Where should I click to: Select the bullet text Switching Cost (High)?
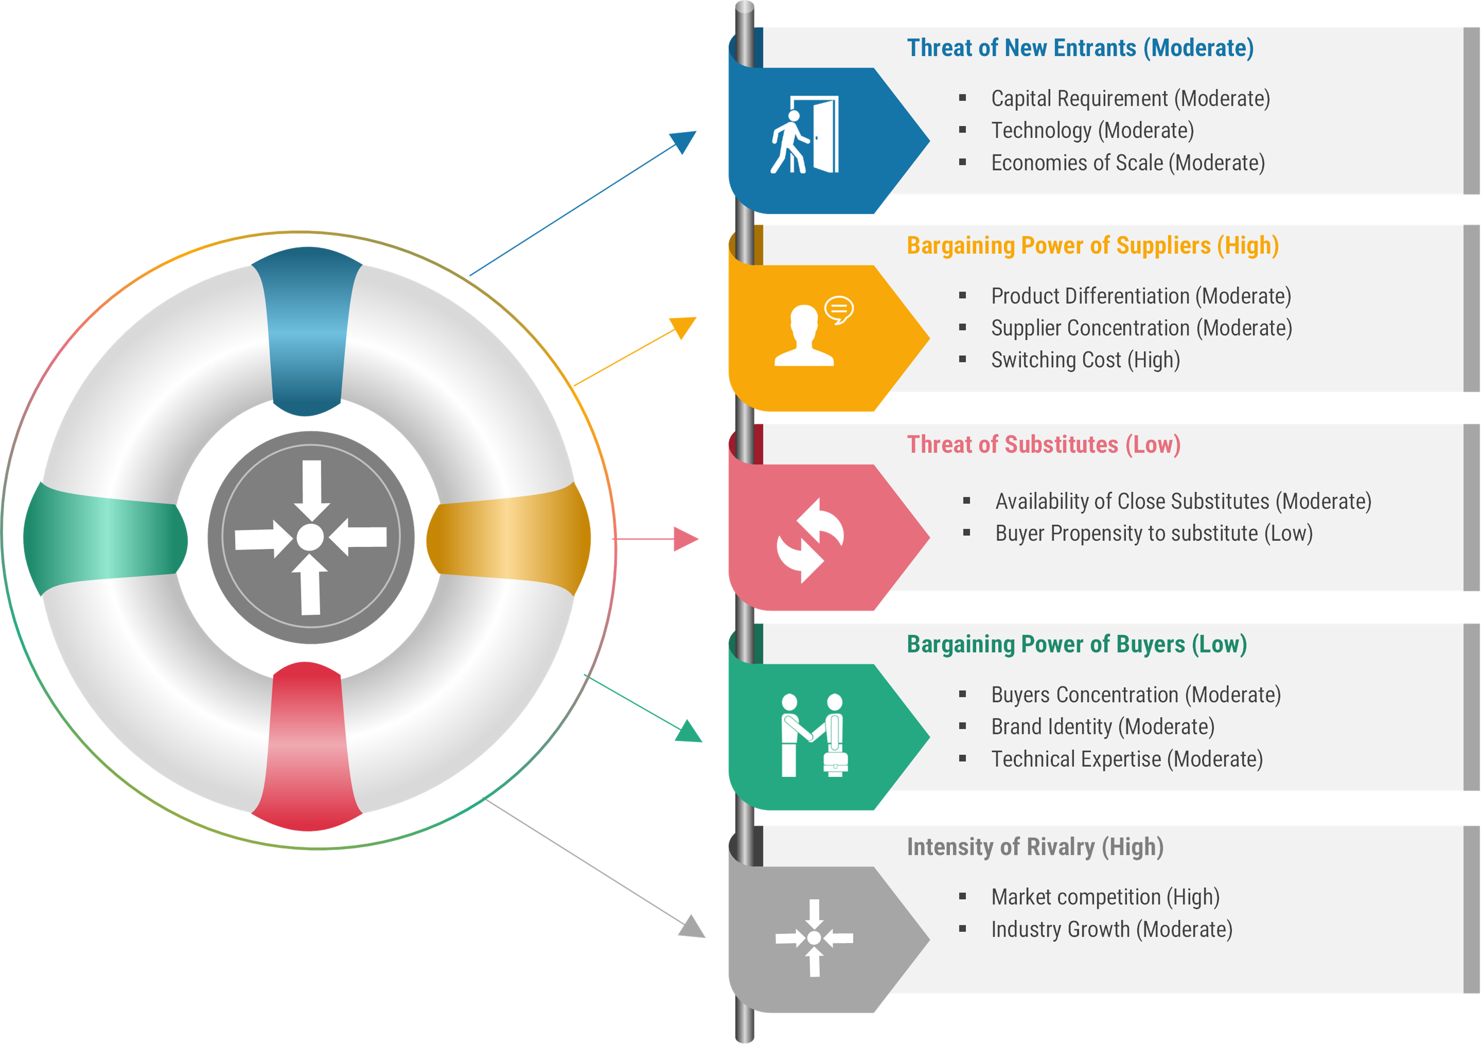(1085, 360)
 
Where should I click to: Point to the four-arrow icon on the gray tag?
(814, 938)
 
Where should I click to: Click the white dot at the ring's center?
(310, 537)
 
